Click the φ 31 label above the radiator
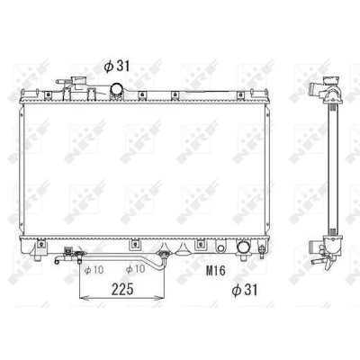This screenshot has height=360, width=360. click(117, 67)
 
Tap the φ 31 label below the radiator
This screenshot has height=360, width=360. click(245, 290)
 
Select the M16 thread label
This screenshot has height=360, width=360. click(215, 271)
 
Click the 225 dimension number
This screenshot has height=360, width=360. click(122, 290)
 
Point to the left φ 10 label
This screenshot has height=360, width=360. click(94, 270)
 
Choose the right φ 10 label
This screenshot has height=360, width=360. click(135, 269)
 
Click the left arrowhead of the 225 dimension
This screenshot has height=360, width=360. click(83, 298)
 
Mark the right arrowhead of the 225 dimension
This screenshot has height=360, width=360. click(160, 298)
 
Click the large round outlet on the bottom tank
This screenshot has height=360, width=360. click(243, 247)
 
